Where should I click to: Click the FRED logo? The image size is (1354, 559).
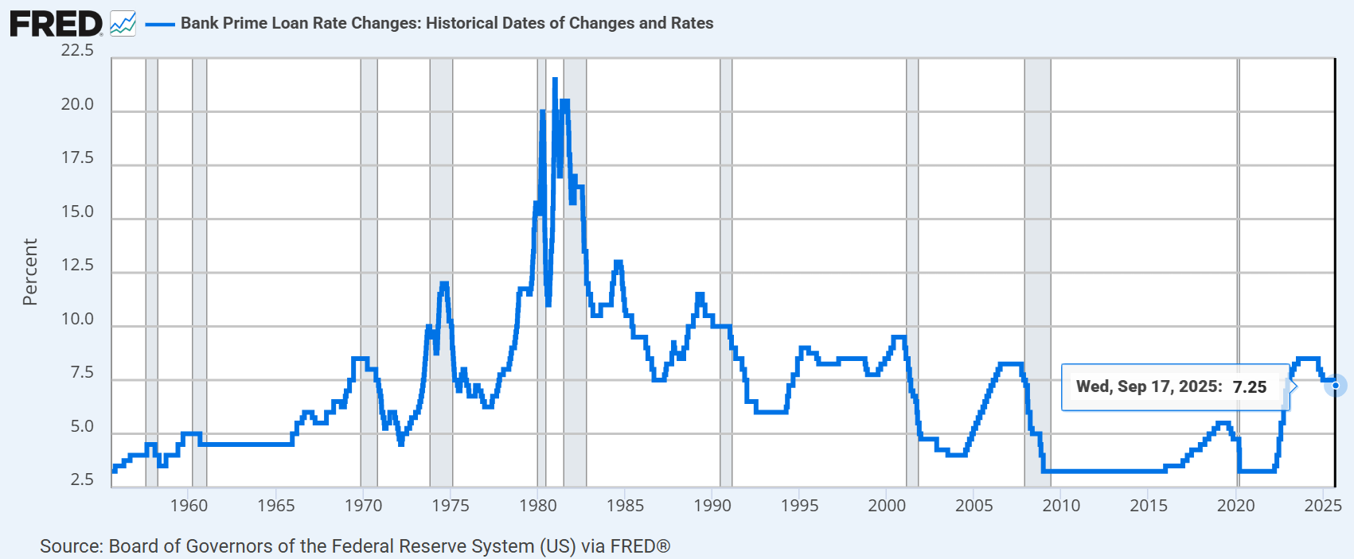56,24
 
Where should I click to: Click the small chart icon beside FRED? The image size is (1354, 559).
123,24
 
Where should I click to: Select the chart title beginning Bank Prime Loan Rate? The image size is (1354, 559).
447,23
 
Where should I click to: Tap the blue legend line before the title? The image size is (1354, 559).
159,24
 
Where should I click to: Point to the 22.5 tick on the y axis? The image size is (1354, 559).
77,51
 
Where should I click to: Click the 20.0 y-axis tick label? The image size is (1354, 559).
77,104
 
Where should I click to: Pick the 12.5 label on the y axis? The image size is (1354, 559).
77,266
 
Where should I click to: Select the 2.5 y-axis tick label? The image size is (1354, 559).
82,479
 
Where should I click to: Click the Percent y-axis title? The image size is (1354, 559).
30,272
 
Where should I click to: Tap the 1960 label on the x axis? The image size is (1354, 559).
189,506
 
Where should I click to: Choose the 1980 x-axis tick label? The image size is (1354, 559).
538,506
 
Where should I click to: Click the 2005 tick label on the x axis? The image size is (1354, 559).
974,506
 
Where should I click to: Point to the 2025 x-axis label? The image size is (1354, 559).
1323,506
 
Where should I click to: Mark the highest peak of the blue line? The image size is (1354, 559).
555,80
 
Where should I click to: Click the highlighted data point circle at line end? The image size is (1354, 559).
1335,386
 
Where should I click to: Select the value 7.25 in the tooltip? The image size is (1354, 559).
1250,387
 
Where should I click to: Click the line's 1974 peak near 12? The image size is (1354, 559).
444,284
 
